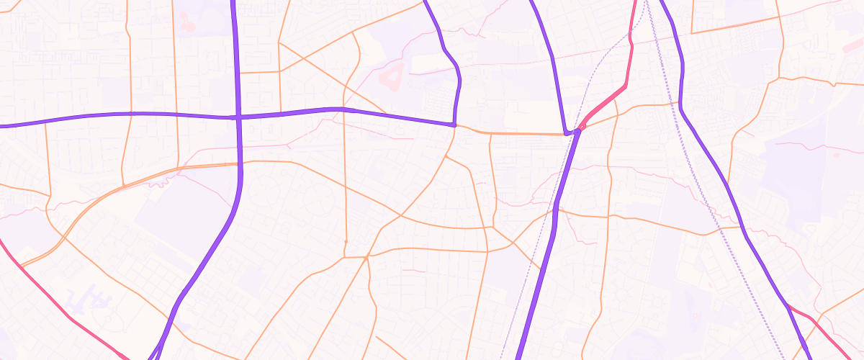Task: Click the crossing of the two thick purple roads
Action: pyautogui.click(x=238, y=117)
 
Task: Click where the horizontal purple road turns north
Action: pyautogui.click(x=454, y=125)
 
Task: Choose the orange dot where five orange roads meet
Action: pyautogui.click(x=367, y=256)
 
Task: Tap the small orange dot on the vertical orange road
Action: pyautogui.click(x=346, y=240)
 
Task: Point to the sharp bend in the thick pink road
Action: pyautogui.click(x=625, y=86)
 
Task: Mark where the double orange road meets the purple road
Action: pyautogui.click(x=238, y=164)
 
